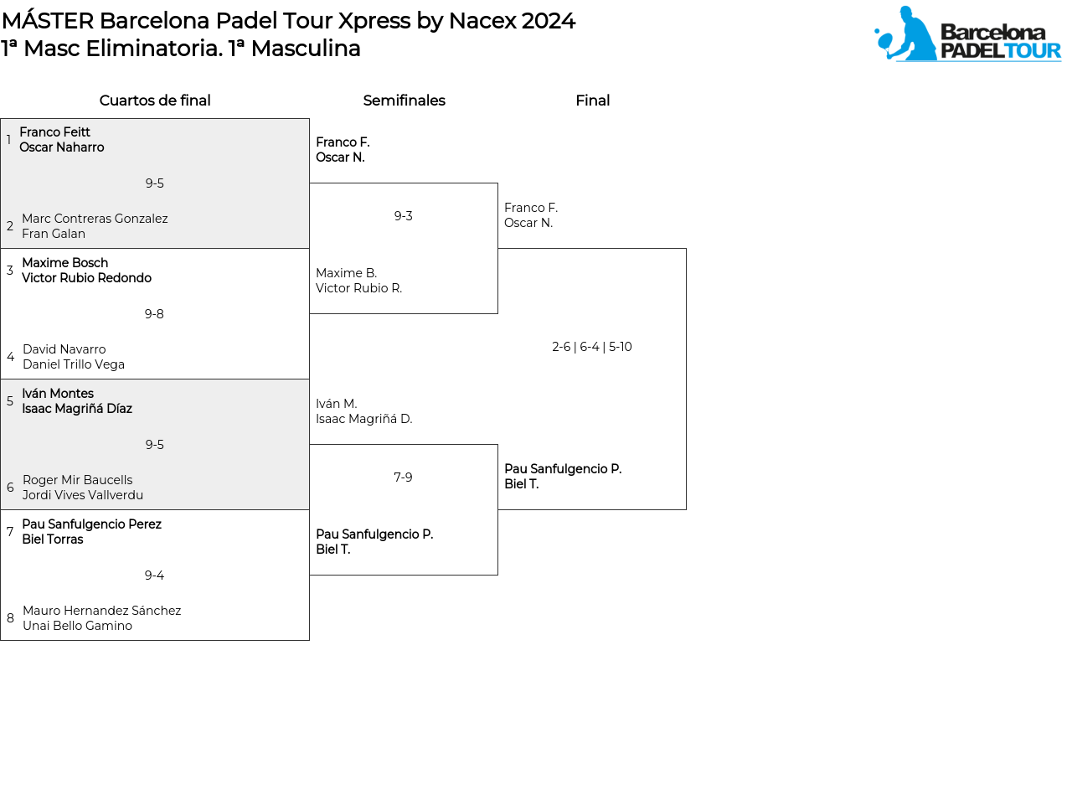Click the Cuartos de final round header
coord(155,100)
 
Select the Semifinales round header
coord(404,100)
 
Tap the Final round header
coord(592,100)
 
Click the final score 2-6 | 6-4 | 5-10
coord(591,346)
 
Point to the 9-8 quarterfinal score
coord(154,314)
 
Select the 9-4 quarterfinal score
coord(154,575)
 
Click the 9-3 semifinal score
coord(403,215)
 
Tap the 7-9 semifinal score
coord(403,477)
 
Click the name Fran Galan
coord(54,234)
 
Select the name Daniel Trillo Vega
coord(74,364)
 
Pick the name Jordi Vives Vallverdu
coord(83,495)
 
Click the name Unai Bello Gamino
coord(77,625)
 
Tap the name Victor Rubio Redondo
coord(86,277)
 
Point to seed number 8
coord(10,617)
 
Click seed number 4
coord(10,356)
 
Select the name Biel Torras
coord(53,539)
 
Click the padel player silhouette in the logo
coord(905,33)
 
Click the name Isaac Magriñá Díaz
coord(77,408)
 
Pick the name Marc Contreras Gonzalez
coord(95,219)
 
